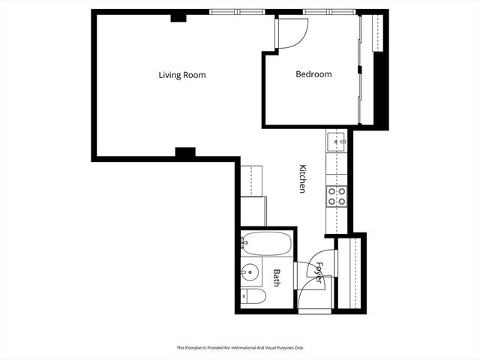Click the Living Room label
click(x=181, y=75)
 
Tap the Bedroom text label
click(x=313, y=74)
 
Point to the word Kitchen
click(x=303, y=179)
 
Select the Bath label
click(x=277, y=278)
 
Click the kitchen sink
click(x=336, y=139)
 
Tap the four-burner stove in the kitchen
click(x=337, y=196)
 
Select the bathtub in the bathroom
click(x=266, y=244)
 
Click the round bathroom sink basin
click(x=250, y=272)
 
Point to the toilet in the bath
click(x=253, y=297)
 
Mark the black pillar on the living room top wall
click(x=178, y=17)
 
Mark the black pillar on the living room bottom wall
click(x=184, y=152)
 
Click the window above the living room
click(x=237, y=12)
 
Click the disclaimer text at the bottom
click(x=239, y=348)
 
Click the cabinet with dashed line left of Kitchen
click(x=253, y=181)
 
